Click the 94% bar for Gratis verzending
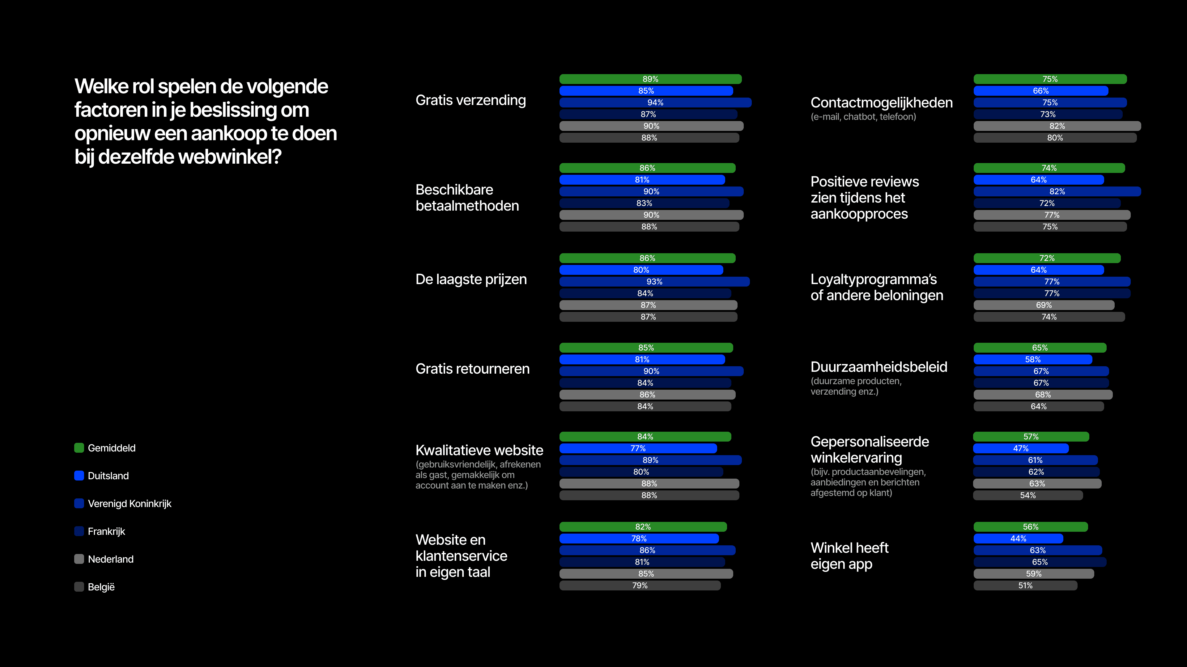tap(655, 103)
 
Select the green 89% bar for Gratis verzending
tap(650, 79)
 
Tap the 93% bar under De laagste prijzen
tap(654, 282)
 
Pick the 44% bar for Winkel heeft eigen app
tap(1018, 539)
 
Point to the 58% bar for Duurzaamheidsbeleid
tap(1033, 359)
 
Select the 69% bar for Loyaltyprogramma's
tap(1044, 305)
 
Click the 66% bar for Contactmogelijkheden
tap(1040, 91)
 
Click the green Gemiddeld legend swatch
tap(79, 448)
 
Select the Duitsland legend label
tap(108, 476)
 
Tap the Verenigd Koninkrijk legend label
tap(130, 504)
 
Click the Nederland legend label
tap(111, 559)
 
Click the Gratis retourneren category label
tap(472, 369)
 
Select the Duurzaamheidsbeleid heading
tap(879, 367)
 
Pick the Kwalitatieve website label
tap(479, 450)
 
